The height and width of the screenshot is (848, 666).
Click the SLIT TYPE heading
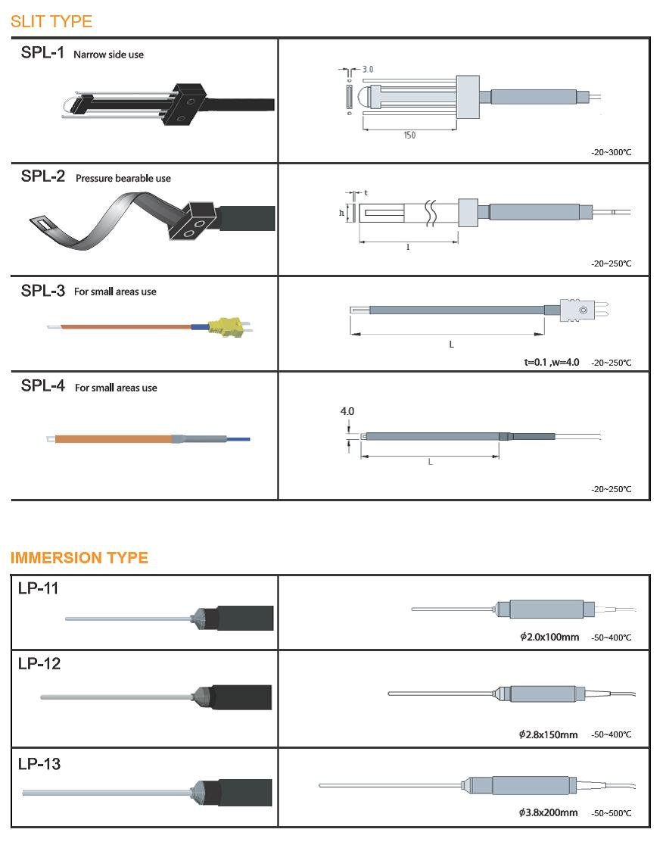(51, 21)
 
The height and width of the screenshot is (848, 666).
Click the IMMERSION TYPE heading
(79, 558)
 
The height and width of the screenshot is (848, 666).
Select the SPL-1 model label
(42, 54)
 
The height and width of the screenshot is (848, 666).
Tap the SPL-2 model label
(43, 178)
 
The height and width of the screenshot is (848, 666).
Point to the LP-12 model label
(39, 664)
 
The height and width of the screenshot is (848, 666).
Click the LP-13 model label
(39, 764)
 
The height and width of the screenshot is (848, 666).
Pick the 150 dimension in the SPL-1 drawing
(409, 135)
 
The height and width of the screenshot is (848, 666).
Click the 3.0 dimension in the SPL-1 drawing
(368, 69)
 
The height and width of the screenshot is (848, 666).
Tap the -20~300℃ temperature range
(611, 153)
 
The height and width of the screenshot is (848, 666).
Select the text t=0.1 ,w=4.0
(552, 363)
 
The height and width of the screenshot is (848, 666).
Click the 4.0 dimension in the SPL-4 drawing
(347, 412)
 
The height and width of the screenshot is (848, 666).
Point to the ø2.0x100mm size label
(549, 638)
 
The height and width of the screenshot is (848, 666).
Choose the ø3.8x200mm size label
(549, 813)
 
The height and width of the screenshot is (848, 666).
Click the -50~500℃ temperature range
(611, 814)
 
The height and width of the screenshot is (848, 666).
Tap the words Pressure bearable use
(123, 179)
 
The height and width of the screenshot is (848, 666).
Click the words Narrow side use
(108, 55)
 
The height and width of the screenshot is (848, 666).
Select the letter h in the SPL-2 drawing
(341, 213)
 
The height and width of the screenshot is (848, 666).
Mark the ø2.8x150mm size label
(549, 735)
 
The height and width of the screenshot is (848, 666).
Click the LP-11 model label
(39, 588)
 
